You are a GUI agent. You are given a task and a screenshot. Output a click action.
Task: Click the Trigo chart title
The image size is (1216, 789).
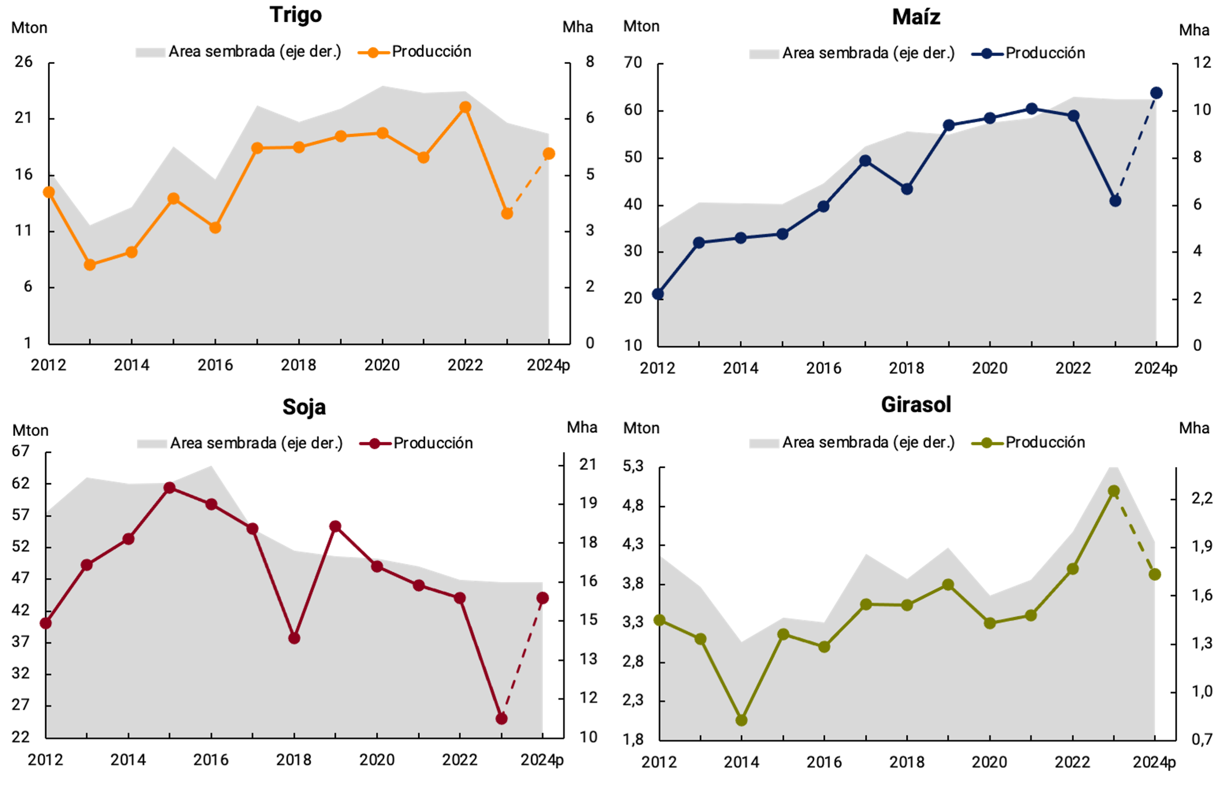pos(296,15)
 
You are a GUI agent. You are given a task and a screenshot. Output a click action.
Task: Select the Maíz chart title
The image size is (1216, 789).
pos(916,17)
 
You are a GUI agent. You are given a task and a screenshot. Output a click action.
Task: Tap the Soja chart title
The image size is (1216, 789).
pos(304,407)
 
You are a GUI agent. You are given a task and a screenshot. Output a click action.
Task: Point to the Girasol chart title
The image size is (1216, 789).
pos(916,404)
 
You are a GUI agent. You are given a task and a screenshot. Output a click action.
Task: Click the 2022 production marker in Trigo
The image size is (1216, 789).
pos(465,107)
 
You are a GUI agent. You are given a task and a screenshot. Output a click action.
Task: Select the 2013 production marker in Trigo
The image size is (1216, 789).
pos(90,265)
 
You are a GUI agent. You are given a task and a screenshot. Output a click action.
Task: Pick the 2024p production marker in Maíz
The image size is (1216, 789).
pos(1156,93)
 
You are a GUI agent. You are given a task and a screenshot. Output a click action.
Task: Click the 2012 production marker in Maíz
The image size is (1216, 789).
pos(658,294)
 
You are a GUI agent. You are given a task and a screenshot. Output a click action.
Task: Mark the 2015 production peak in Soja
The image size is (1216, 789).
pos(170,488)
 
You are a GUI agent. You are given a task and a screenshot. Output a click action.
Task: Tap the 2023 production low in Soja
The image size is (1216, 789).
pos(501,719)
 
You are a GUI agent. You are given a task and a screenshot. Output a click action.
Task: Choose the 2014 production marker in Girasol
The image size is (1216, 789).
pos(741,720)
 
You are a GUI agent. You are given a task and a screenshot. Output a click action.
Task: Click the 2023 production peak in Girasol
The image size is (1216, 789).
pos(1114,491)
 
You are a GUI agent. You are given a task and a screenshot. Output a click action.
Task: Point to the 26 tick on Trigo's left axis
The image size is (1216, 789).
pos(24,62)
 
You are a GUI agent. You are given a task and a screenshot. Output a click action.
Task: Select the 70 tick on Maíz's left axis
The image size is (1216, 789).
pos(633,63)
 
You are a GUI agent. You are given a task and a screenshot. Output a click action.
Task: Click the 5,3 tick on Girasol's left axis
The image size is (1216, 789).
pos(633,466)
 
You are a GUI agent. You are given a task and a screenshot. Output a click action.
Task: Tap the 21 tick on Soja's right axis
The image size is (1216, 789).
pos(588,464)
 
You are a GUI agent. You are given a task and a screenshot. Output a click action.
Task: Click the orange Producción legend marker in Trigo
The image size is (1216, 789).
pos(373,52)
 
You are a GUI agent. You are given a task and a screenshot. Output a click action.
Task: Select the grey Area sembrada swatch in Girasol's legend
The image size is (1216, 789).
pos(764,443)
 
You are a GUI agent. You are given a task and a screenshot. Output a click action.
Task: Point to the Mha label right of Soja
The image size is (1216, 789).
pos(581,427)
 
